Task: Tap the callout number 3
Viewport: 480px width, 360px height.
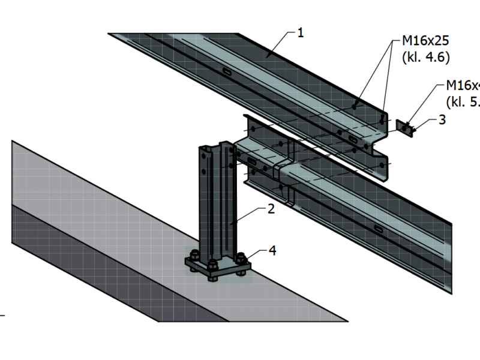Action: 442,119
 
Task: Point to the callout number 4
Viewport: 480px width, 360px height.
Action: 272,250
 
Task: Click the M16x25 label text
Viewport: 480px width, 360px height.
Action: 425,43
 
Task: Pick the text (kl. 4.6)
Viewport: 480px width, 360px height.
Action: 425,58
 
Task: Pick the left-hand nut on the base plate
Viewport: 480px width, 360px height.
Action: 194,255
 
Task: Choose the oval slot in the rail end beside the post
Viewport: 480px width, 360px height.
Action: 252,163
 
